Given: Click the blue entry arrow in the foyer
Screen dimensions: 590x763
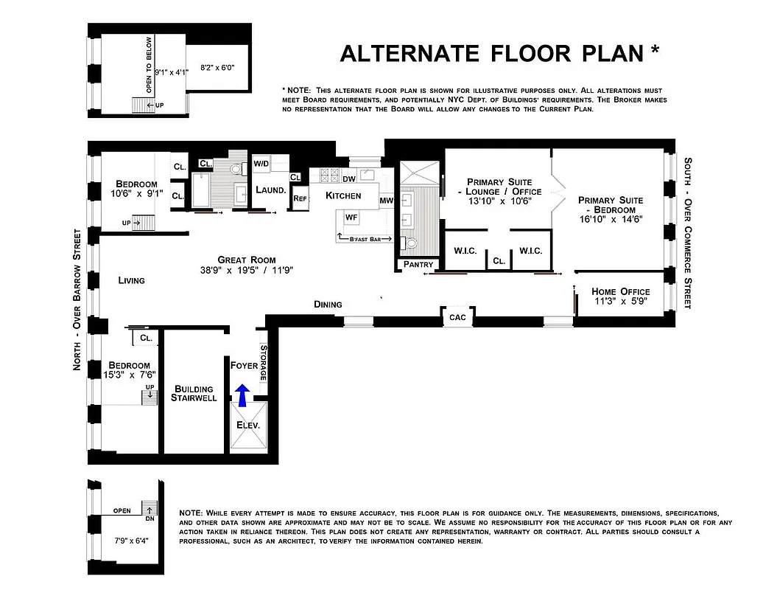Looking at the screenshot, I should point(242,395).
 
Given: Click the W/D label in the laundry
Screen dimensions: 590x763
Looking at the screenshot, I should point(261,163).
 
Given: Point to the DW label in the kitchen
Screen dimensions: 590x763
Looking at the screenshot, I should point(349,178).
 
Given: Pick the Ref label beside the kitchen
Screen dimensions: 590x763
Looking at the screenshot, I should point(299,198).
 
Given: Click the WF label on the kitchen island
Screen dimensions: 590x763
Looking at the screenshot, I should point(351,218).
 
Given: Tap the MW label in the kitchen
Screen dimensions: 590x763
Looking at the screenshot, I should point(386,201).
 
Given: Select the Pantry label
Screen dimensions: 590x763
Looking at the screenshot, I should point(418,265).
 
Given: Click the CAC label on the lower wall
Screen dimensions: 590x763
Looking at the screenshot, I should point(457,317).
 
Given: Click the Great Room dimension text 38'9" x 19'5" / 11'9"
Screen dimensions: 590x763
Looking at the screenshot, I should point(246,270).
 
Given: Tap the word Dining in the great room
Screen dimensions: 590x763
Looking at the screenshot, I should point(328,304).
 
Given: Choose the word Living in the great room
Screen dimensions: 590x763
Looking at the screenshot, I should point(132,280).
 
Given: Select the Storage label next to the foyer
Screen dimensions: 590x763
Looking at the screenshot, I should point(264,362).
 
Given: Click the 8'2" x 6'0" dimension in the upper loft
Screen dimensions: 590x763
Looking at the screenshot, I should point(217,68).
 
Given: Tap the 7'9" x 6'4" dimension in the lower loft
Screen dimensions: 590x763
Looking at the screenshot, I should point(132,539).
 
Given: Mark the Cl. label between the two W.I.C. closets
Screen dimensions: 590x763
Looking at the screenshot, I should point(499,260).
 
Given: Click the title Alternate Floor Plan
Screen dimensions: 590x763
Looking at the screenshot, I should point(499,53).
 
